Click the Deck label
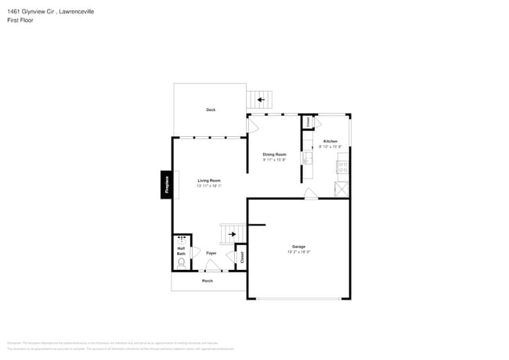pos(211,110)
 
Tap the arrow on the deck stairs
pos(260,99)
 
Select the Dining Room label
pos(274,154)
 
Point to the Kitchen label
pos(330,142)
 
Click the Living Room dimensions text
pos(209,185)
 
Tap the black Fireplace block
pos(166,184)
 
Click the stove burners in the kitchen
pos(343,165)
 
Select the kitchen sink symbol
pos(310,161)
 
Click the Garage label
pos(298,247)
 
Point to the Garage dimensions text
pos(298,252)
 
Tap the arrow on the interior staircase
pos(232,233)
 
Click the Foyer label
pos(211,254)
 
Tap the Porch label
pos(208,280)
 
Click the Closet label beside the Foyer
pos(242,257)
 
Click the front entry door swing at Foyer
pos(211,266)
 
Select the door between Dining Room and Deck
pos(253,125)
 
